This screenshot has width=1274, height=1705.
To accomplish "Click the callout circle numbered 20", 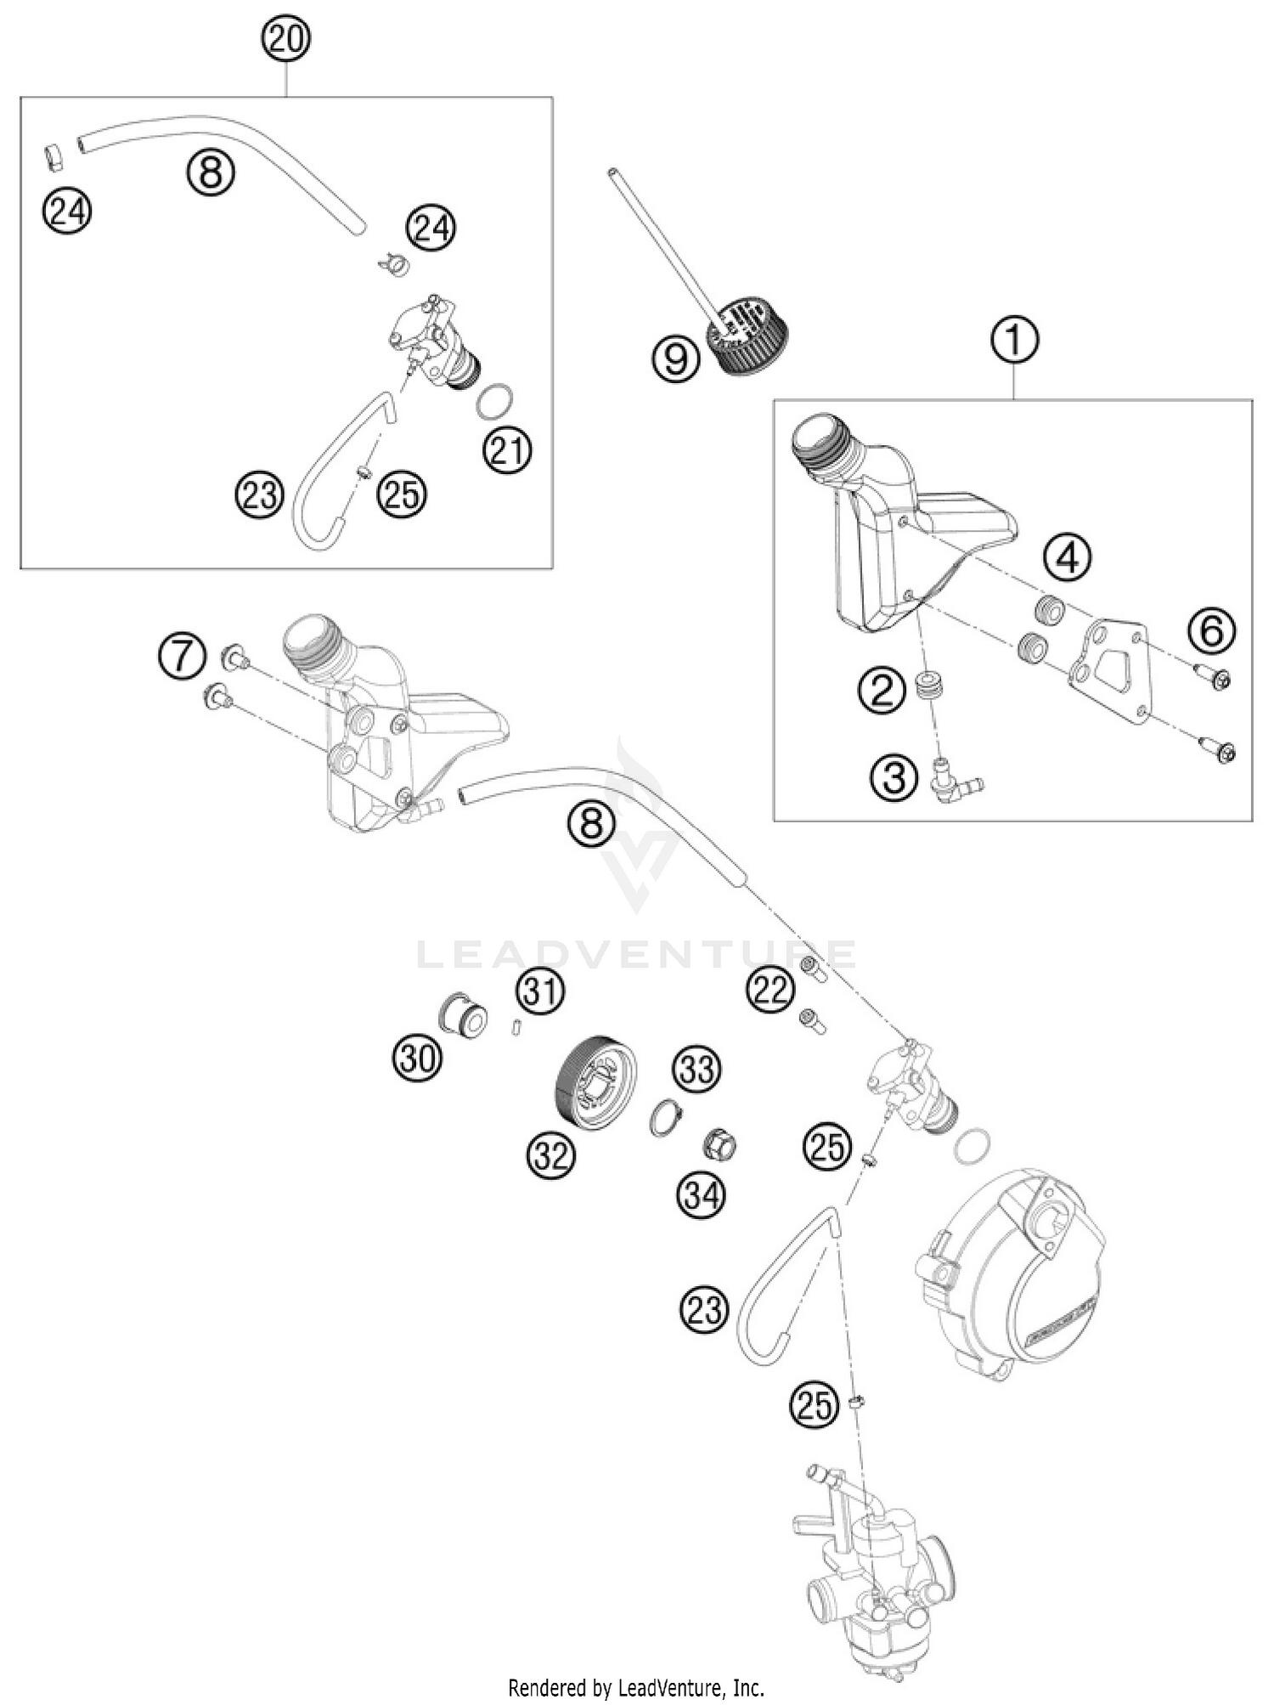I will [x=286, y=40].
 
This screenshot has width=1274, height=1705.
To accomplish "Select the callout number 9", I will [x=677, y=360].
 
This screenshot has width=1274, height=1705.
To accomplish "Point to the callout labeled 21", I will [x=507, y=450].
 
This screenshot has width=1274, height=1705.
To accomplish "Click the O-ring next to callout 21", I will [x=494, y=402].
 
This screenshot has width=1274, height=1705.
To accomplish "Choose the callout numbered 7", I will [x=182, y=659].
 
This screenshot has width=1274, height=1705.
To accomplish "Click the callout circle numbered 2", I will [x=883, y=692].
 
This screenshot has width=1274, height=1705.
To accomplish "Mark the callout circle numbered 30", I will [x=417, y=1059].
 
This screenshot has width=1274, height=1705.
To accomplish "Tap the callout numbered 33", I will [x=696, y=1070].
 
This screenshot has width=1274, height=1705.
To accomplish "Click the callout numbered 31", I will [x=542, y=991].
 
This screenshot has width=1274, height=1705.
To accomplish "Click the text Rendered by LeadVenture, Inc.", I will [x=636, y=1686].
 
